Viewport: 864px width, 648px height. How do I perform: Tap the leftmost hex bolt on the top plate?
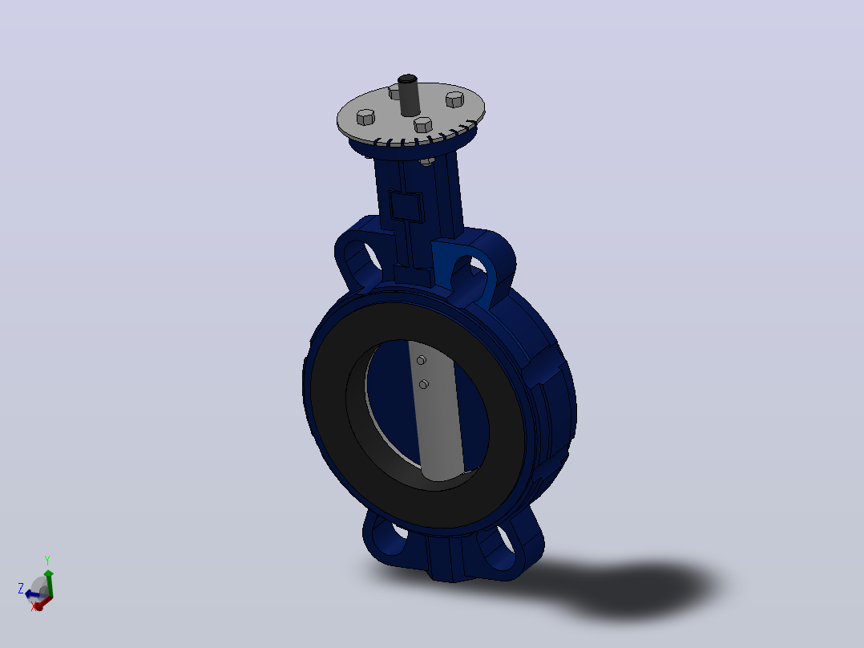coord(365,117)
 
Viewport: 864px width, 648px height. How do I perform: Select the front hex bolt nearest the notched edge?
coord(423,124)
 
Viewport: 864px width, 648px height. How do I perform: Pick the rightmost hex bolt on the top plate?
coord(454,99)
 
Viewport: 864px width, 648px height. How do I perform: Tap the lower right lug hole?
coord(505,540)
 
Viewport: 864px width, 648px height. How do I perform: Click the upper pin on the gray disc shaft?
coord(422,360)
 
